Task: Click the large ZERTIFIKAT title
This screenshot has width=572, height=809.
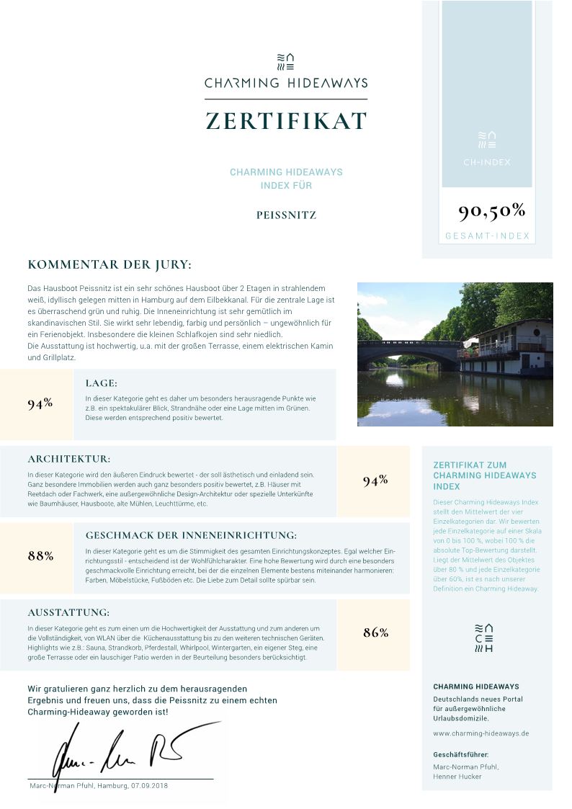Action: [286, 120]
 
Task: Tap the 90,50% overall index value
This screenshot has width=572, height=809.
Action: [492, 210]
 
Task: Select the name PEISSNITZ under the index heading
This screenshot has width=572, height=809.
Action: [286, 215]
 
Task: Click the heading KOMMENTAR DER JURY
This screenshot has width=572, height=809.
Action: [110, 264]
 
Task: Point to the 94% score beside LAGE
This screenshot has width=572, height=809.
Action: [40, 403]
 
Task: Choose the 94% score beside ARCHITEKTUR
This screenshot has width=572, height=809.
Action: [375, 481]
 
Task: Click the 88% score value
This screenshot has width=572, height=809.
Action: [40, 555]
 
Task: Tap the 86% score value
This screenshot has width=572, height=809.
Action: [375, 633]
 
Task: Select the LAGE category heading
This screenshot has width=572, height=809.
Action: [101, 383]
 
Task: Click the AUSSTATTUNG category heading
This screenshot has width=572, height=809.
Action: [68, 612]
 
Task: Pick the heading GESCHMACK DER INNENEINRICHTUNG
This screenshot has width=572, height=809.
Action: [191, 535]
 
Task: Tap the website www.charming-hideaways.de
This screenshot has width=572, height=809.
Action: [481, 733]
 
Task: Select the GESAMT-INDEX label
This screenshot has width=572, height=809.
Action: [487, 236]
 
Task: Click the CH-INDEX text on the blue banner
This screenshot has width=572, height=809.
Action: [487, 162]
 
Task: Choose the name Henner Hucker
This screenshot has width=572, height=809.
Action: [457, 777]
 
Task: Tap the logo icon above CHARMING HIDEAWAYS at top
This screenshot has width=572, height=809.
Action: [286, 61]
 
